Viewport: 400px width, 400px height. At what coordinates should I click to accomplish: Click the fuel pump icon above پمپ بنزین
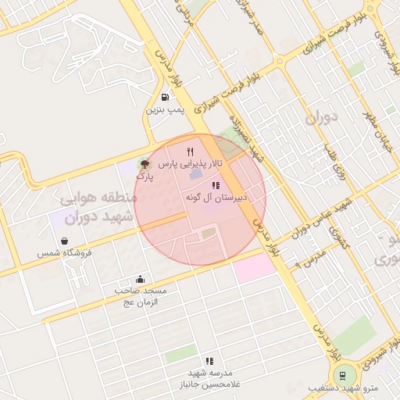tap(165, 98)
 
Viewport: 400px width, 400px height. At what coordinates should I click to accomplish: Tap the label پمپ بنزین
tap(165, 110)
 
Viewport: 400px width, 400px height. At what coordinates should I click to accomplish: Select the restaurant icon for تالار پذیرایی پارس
tap(189, 151)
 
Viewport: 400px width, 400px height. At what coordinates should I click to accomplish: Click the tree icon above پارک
tap(144, 164)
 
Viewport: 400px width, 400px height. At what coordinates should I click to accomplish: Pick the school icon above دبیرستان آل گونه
tap(216, 185)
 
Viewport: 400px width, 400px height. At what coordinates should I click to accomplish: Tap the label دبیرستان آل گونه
tap(216, 198)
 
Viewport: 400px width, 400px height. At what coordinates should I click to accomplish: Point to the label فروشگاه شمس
tap(65, 253)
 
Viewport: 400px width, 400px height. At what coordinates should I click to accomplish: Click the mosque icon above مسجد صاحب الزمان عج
tap(140, 279)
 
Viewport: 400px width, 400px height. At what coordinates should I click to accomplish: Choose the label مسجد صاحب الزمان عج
tap(141, 296)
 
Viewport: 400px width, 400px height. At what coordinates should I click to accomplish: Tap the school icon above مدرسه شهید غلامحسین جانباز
tap(209, 361)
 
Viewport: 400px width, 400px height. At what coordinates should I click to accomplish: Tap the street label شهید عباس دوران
tap(322, 219)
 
